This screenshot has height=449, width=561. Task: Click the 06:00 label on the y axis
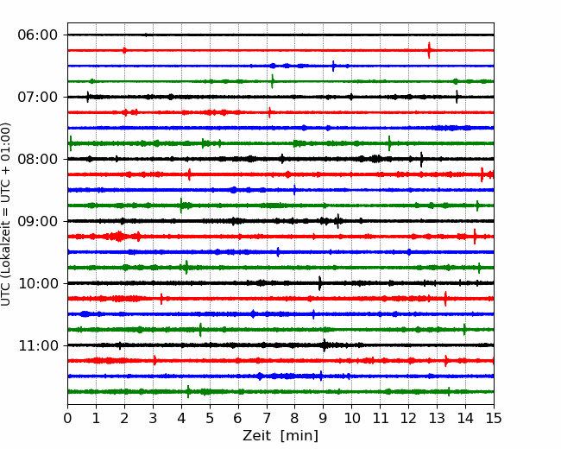pyautogui.click(x=37, y=35)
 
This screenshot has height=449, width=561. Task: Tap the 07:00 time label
pyautogui.click(x=37, y=97)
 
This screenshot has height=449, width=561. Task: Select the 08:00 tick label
pyautogui.click(x=37, y=159)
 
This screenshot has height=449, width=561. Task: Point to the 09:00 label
pyautogui.click(x=37, y=221)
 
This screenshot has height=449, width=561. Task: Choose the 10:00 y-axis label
pyautogui.click(x=37, y=283)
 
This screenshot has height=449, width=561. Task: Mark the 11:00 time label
pyautogui.click(x=37, y=345)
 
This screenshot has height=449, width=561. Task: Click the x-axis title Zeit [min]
pyautogui.click(x=280, y=436)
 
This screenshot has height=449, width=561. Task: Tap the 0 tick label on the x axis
pyautogui.click(x=68, y=419)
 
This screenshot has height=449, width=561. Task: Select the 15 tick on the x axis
pyautogui.click(x=494, y=419)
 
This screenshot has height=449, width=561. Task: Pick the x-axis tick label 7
pyautogui.click(x=267, y=419)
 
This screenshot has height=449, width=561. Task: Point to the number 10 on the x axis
pyautogui.click(x=352, y=419)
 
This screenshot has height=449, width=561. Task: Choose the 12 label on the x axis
pyautogui.click(x=408, y=419)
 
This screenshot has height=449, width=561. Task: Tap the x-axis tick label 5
pyautogui.click(x=210, y=419)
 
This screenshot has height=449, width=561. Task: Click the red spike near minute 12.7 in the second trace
pyautogui.click(x=429, y=50)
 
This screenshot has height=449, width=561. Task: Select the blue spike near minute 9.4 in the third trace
pyautogui.click(x=334, y=66)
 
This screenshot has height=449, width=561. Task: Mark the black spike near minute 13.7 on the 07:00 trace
pyautogui.click(x=457, y=97)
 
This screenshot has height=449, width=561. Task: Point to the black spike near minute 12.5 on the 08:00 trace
pyautogui.click(x=421, y=159)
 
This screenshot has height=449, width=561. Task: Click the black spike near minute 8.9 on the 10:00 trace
pyautogui.click(x=320, y=283)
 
